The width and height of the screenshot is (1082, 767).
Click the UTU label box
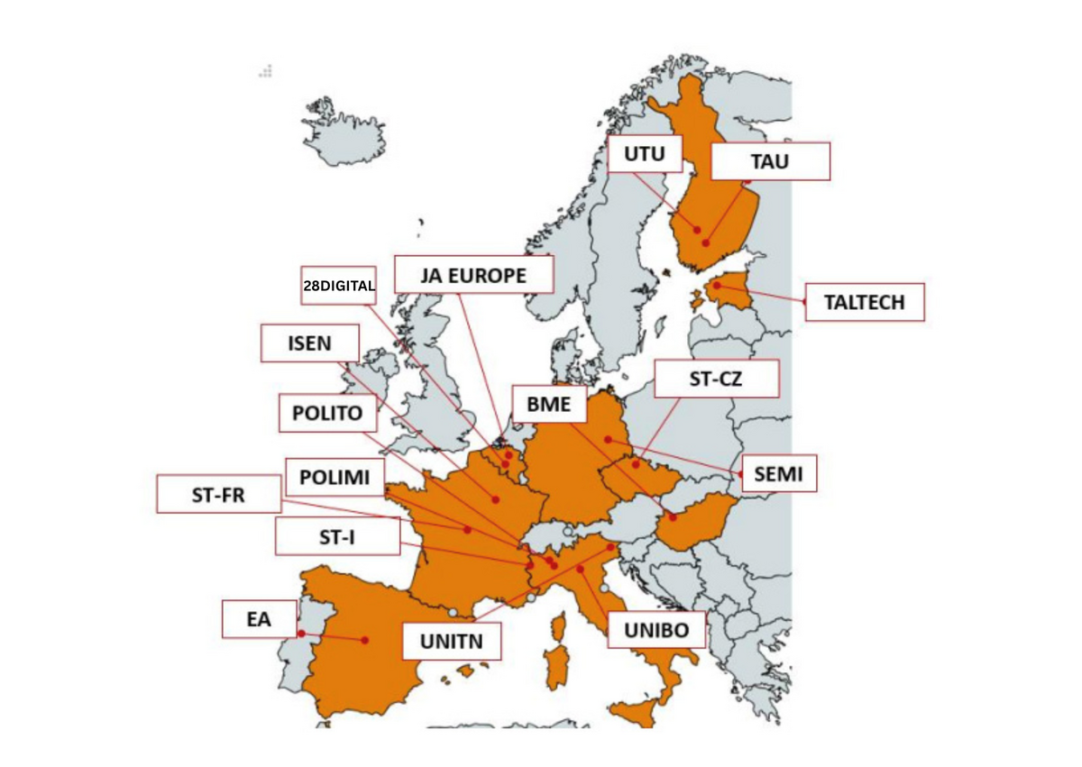[x=644, y=155]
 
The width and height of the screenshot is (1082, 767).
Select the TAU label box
[x=769, y=162]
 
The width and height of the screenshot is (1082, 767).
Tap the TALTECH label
[x=865, y=302]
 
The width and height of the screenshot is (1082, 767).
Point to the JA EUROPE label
[x=473, y=275]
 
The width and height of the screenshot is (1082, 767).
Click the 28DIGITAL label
[x=338, y=285]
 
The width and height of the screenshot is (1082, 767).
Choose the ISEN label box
[x=309, y=343]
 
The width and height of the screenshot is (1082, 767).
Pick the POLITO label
[x=327, y=414]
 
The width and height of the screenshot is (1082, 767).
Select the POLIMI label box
[x=335, y=477]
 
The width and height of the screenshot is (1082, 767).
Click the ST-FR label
[x=218, y=495]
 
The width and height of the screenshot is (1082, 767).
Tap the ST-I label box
[x=336, y=536]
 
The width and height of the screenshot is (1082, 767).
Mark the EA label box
[x=259, y=619]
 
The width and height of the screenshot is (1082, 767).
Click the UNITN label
[x=452, y=642]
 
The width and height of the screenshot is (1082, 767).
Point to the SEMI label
[x=778, y=473]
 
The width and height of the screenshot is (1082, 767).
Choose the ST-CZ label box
[x=716, y=379]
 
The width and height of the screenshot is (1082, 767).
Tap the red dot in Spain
[x=364, y=640]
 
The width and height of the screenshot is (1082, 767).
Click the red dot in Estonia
[x=717, y=286]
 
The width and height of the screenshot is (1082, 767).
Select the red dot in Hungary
[x=673, y=516]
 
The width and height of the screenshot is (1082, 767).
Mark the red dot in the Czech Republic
[x=637, y=464]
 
